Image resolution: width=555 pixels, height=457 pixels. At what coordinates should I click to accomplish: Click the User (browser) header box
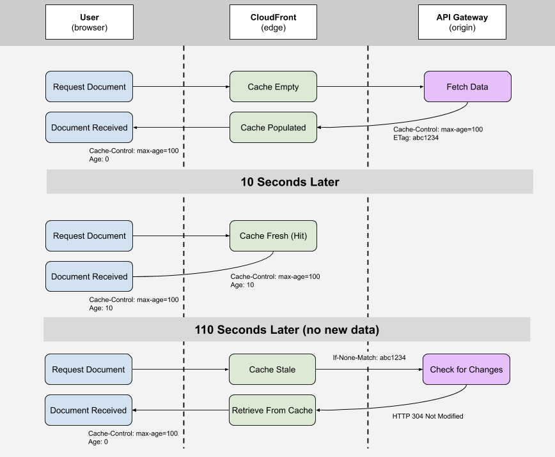pyautogui.click(x=90, y=22)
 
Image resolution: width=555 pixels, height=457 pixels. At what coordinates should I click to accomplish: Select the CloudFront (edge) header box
pyautogui.click(x=273, y=22)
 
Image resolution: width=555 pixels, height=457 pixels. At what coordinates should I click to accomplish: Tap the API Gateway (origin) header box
pyautogui.click(x=462, y=22)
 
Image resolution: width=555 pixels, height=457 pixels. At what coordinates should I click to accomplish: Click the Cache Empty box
pyautogui.click(x=273, y=87)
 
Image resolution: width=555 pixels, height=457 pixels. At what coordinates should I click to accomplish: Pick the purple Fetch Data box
pyautogui.click(x=467, y=87)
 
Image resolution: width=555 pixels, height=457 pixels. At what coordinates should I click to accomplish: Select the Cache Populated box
pyautogui.click(x=273, y=128)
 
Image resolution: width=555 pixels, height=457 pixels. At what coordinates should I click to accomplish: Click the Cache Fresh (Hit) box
pyautogui.click(x=273, y=236)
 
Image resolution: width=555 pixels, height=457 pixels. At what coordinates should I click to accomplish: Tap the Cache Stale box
pyautogui.click(x=272, y=370)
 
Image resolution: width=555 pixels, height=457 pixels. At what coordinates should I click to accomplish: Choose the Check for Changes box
pyautogui.click(x=466, y=370)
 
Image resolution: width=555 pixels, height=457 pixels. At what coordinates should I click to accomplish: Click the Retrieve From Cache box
pyautogui.click(x=272, y=410)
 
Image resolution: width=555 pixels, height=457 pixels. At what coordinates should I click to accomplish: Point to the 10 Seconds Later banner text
pyautogui.click(x=290, y=182)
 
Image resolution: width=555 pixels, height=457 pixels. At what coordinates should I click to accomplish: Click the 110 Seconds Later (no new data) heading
pyautogui.click(x=287, y=330)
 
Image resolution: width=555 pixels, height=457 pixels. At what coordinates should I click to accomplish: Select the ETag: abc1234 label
pyautogui.click(x=416, y=137)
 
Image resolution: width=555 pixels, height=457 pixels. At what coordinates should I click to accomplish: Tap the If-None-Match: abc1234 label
pyautogui.click(x=369, y=358)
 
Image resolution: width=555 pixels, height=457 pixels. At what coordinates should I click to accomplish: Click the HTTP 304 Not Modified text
pyautogui.click(x=427, y=416)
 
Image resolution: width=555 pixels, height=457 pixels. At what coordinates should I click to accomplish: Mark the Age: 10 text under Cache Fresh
pyautogui.click(x=242, y=285)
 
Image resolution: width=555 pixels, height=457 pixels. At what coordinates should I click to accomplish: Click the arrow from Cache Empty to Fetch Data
pyautogui.click(x=370, y=87)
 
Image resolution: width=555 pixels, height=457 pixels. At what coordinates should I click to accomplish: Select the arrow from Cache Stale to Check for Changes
pyautogui.click(x=369, y=370)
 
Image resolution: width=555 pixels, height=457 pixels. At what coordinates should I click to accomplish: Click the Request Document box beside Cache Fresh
pyautogui.click(x=90, y=236)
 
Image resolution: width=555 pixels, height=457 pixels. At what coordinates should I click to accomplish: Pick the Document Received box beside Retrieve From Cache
pyautogui.click(x=88, y=410)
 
